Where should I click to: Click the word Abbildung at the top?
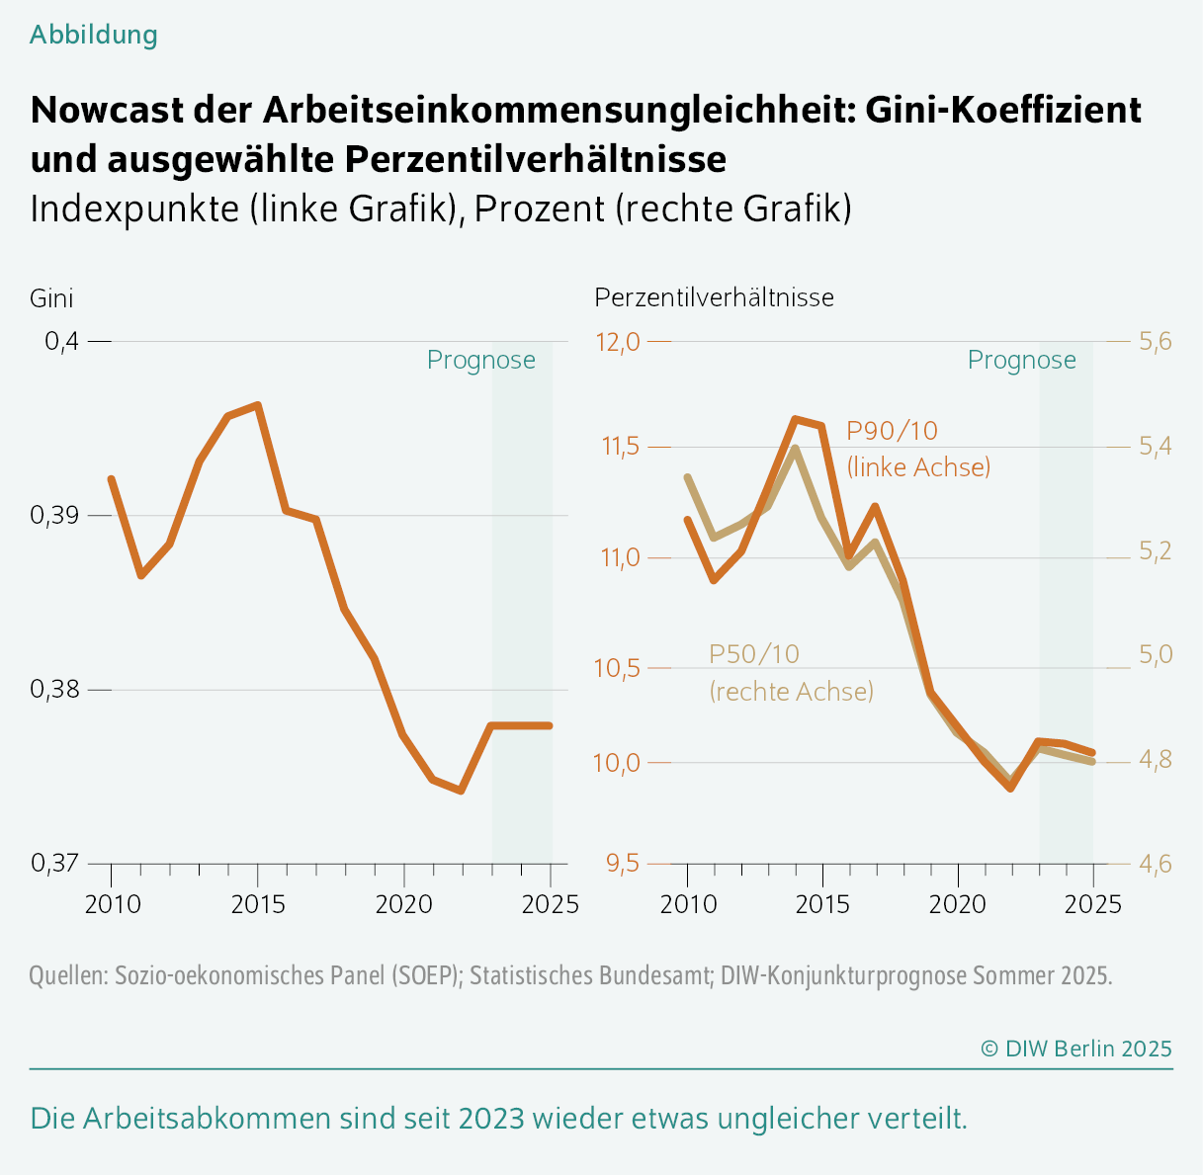pos(93,35)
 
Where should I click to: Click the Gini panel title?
pos(51,297)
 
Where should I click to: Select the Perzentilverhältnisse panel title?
pos(714,297)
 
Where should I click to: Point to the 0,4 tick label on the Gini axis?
pos(61,342)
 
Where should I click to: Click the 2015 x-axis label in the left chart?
pos(258,903)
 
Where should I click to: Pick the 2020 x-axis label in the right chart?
pos(957,903)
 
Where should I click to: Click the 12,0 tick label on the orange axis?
pos(617,342)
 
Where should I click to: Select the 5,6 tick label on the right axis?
pos(1155,342)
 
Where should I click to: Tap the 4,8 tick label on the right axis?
pos(1155,760)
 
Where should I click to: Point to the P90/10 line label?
pos(892,431)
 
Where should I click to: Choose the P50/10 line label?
pos(754,654)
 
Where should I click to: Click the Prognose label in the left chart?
pos(480,360)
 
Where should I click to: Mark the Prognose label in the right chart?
pos(1021,360)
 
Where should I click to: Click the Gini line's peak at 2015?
pos(258,405)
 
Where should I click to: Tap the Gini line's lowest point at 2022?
pos(461,791)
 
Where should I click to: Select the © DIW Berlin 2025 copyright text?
pos(1075,1049)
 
